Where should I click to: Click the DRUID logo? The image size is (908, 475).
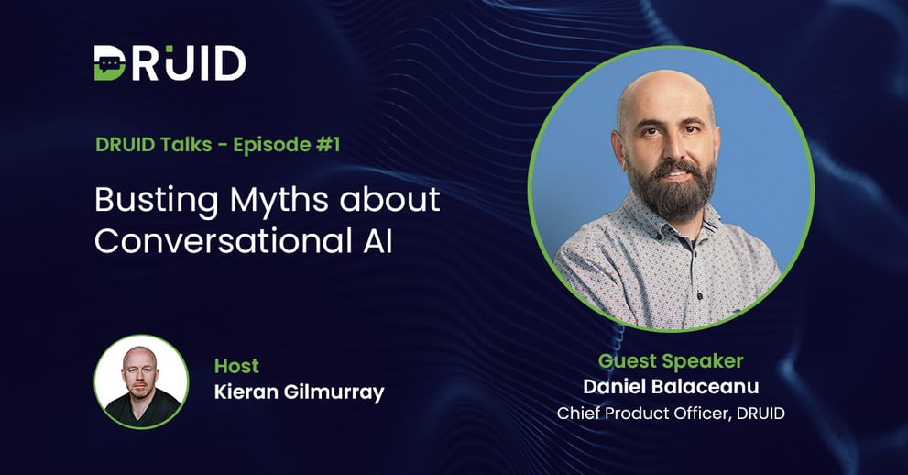(170, 61)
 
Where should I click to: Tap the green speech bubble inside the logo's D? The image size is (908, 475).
(110, 62)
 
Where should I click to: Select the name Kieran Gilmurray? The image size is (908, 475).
(299, 392)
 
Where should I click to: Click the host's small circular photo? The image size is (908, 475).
(142, 381)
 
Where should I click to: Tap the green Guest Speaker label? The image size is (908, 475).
(671, 360)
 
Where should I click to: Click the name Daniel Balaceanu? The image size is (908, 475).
(671, 387)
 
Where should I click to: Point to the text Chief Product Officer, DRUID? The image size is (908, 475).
(671, 414)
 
